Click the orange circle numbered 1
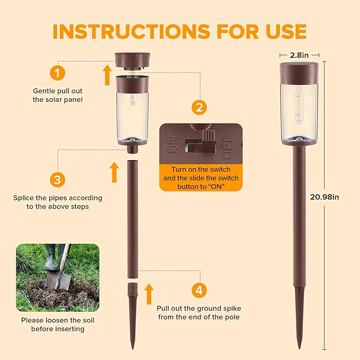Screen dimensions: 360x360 tap(57, 73)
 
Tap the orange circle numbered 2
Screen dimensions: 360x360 tap(199, 108)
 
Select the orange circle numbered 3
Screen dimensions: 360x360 tap(57, 180)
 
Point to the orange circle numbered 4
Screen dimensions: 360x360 tap(199, 290)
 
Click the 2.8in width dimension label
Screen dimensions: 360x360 tap(299, 55)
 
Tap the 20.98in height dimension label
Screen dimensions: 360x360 tap(324, 197)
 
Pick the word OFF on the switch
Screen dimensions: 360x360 tap(227, 147)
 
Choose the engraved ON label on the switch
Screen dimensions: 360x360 tap(173, 145)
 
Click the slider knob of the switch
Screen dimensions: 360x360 tap(209, 142)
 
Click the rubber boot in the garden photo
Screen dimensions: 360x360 tap(52, 257)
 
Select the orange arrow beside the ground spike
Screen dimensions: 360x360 tap(149, 294)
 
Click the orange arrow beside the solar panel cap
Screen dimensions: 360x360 tap(107, 75)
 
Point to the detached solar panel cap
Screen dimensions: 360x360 tap(133, 61)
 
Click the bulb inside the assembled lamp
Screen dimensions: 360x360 tap(298, 104)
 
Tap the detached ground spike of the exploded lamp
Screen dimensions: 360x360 tap(133, 316)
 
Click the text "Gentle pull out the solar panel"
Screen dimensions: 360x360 tap(58, 95)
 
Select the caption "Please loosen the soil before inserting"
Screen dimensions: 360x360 tap(58, 324)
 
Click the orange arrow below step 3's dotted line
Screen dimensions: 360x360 tap(114, 172)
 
